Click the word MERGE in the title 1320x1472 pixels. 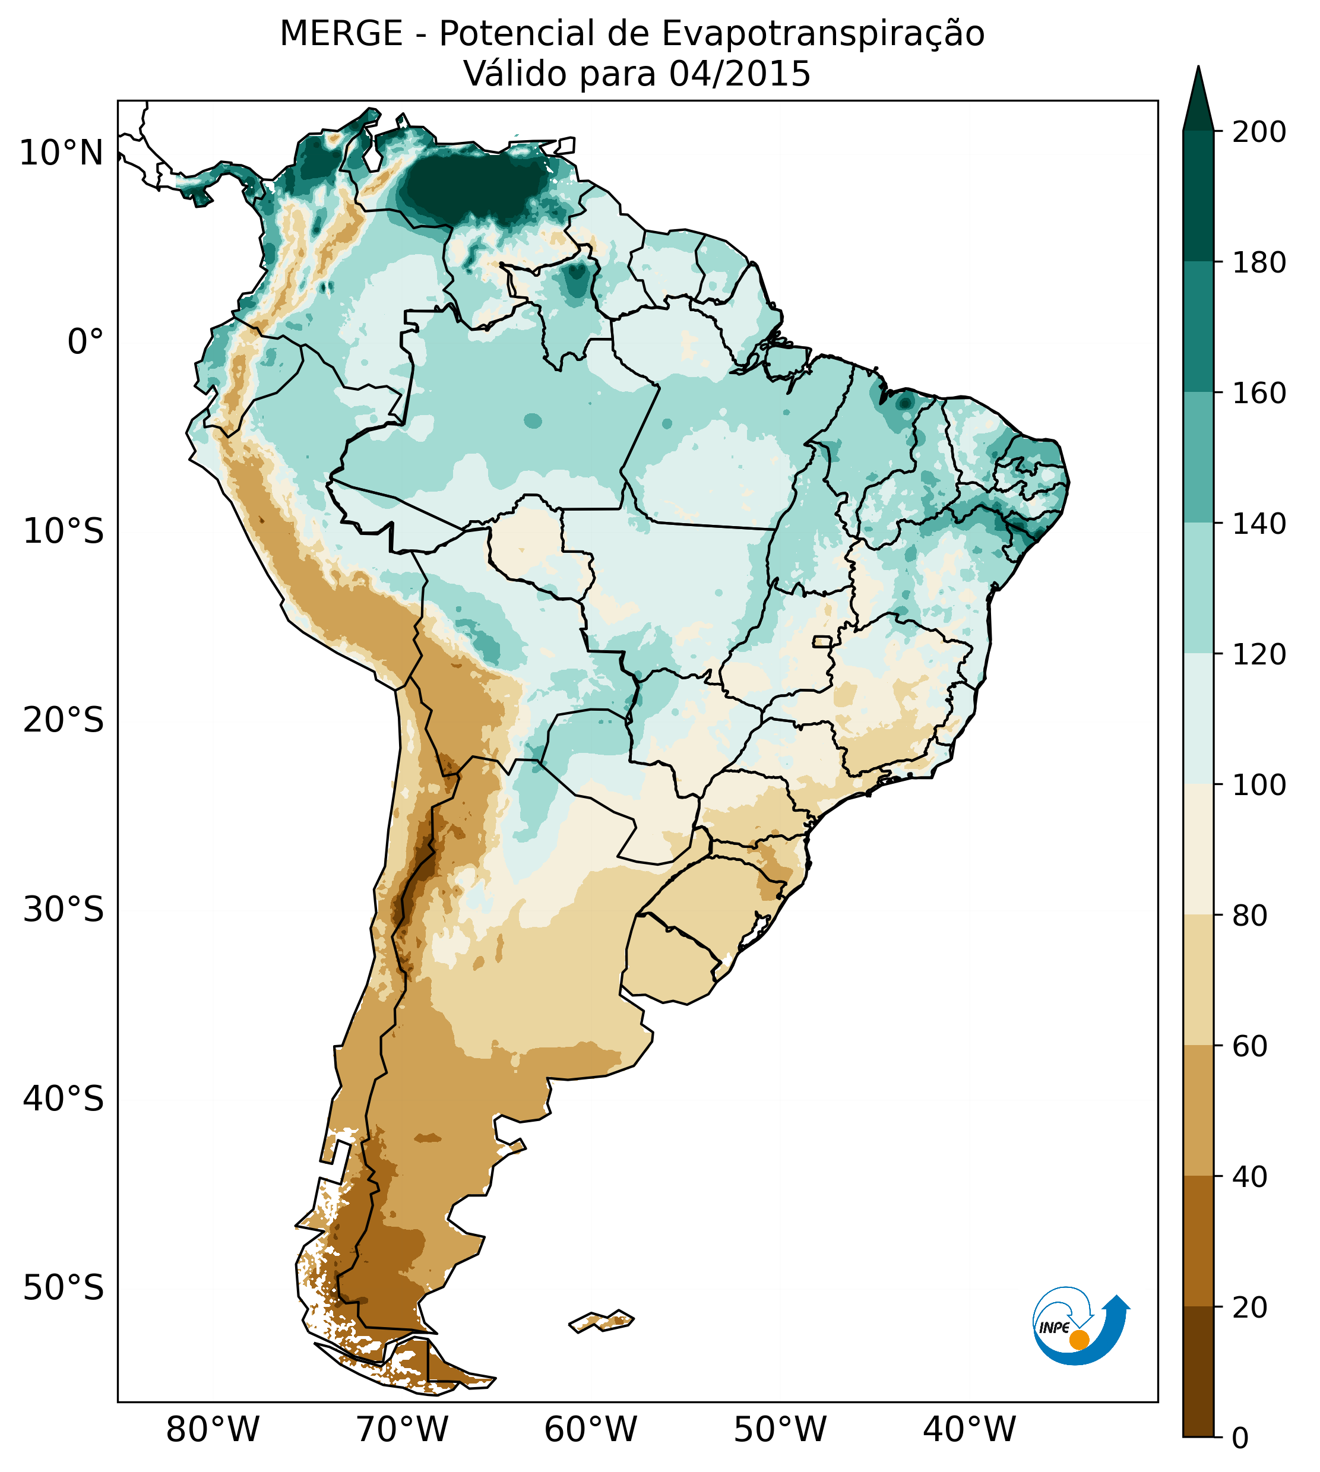click(x=341, y=34)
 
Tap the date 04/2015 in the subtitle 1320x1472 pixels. click(x=739, y=74)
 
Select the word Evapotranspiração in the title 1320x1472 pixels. click(x=823, y=34)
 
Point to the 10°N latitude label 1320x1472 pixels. click(x=62, y=154)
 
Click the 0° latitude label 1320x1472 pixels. click(x=86, y=342)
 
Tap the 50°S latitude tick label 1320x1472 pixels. click(x=64, y=1288)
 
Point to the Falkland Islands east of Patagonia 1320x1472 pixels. click(x=602, y=1321)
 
